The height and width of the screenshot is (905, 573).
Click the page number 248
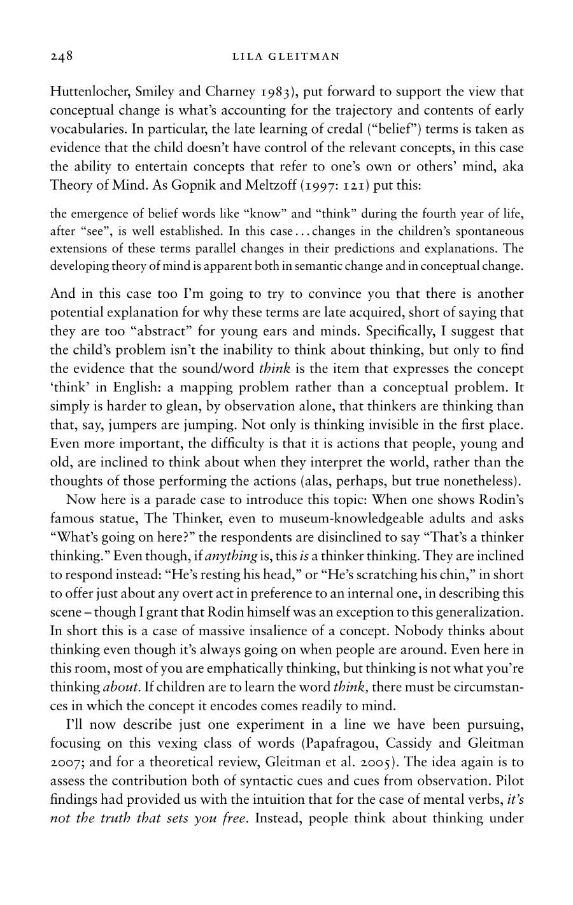pos(62,57)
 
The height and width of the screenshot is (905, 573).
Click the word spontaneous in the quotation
pos(488,230)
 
